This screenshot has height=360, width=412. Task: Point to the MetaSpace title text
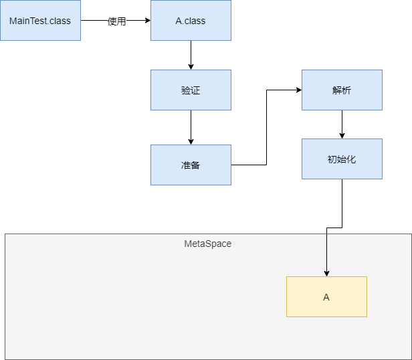click(207, 244)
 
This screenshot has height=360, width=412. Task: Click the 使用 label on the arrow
click(116, 21)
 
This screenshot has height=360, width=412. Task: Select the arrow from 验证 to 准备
click(191, 127)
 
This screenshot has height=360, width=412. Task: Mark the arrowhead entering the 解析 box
click(298, 90)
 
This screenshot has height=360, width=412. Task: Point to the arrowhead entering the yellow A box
click(326, 272)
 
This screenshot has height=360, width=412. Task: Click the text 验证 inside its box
click(191, 90)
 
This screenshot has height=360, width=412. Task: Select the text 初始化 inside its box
click(342, 159)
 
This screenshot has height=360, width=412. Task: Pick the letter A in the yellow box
click(326, 297)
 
